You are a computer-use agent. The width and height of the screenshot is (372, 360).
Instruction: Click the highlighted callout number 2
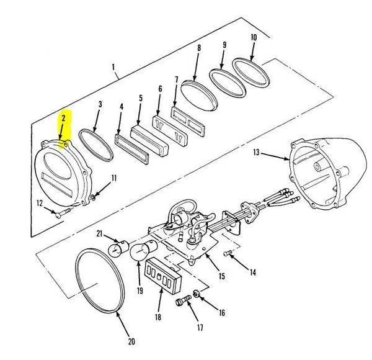(63, 118)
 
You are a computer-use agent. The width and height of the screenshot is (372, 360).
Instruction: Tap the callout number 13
(256, 152)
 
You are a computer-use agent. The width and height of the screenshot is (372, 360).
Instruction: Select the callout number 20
(131, 341)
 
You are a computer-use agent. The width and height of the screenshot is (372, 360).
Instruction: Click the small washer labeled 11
(93, 197)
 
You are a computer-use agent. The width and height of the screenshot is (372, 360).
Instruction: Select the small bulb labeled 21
(118, 248)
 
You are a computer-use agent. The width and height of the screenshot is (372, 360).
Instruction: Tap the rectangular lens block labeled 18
(162, 275)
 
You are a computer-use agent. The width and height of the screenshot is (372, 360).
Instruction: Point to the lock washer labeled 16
(197, 294)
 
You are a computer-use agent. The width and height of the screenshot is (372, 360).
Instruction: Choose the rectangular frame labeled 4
(131, 149)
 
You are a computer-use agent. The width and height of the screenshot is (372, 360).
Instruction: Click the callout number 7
(176, 79)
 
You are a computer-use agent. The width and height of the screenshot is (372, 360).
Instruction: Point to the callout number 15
(221, 276)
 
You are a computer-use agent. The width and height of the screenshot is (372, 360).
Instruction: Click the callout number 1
(113, 67)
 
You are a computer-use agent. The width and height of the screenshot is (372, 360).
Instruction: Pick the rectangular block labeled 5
(149, 141)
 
